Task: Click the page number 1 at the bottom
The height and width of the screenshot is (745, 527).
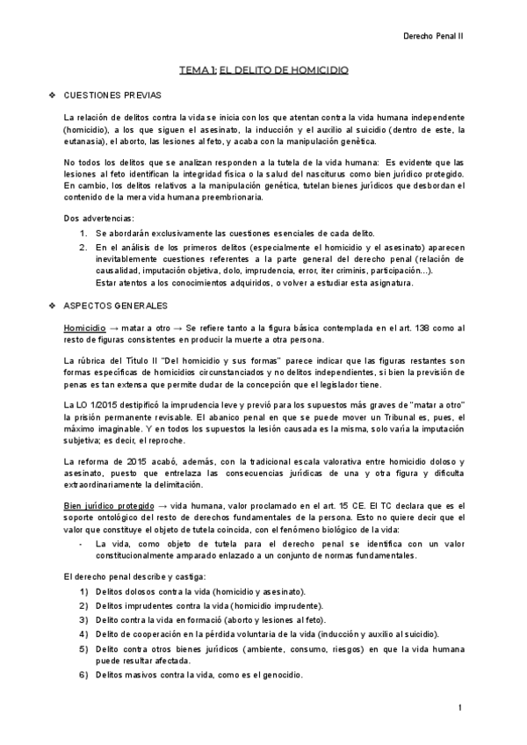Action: [459, 707]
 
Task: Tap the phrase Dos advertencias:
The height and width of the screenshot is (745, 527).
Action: [99, 217]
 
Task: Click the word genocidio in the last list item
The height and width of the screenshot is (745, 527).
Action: [280, 675]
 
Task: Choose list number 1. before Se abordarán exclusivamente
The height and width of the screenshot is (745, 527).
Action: [83, 233]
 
